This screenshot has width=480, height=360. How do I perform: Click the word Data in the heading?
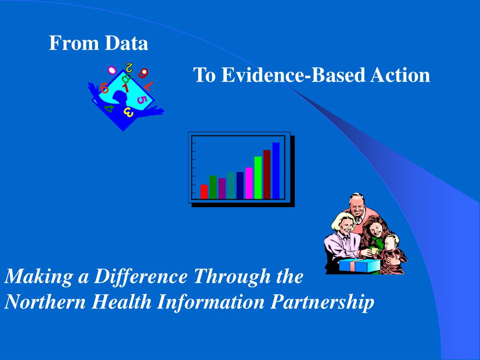(x=126, y=43)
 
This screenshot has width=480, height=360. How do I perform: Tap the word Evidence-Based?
(x=293, y=75)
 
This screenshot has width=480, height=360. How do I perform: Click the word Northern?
(x=45, y=302)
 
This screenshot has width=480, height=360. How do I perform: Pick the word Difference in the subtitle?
(x=140, y=277)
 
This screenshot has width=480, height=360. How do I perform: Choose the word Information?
(x=210, y=302)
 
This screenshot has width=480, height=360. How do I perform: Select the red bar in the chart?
(x=204, y=192)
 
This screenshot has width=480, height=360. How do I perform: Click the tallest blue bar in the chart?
(x=276, y=171)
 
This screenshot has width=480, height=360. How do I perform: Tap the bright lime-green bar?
(x=258, y=178)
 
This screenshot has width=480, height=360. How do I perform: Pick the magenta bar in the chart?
(x=249, y=183)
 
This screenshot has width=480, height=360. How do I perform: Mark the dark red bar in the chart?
(x=267, y=174)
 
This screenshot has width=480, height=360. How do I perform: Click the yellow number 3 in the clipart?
(x=128, y=112)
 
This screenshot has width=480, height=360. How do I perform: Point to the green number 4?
(x=109, y=108)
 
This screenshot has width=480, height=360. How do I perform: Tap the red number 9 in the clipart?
(x=143, y=73)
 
